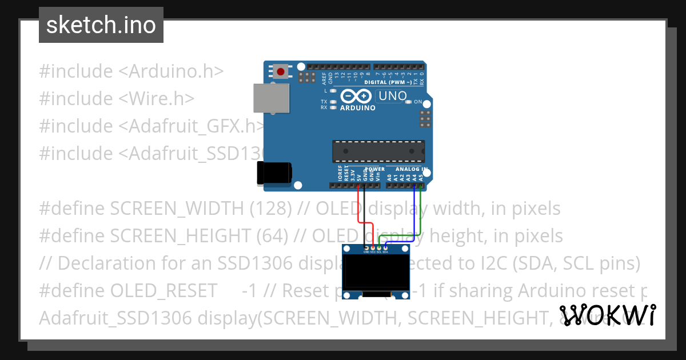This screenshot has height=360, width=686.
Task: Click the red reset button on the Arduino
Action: click(281, 71)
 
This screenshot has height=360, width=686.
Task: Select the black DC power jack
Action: click(274, 173)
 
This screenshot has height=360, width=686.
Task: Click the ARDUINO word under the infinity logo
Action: click(357, 107)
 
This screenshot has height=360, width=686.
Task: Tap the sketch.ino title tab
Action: click(101, 25)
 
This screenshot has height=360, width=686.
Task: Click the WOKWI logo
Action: click(608, 315)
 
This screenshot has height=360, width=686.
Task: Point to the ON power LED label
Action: click(418, 102)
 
